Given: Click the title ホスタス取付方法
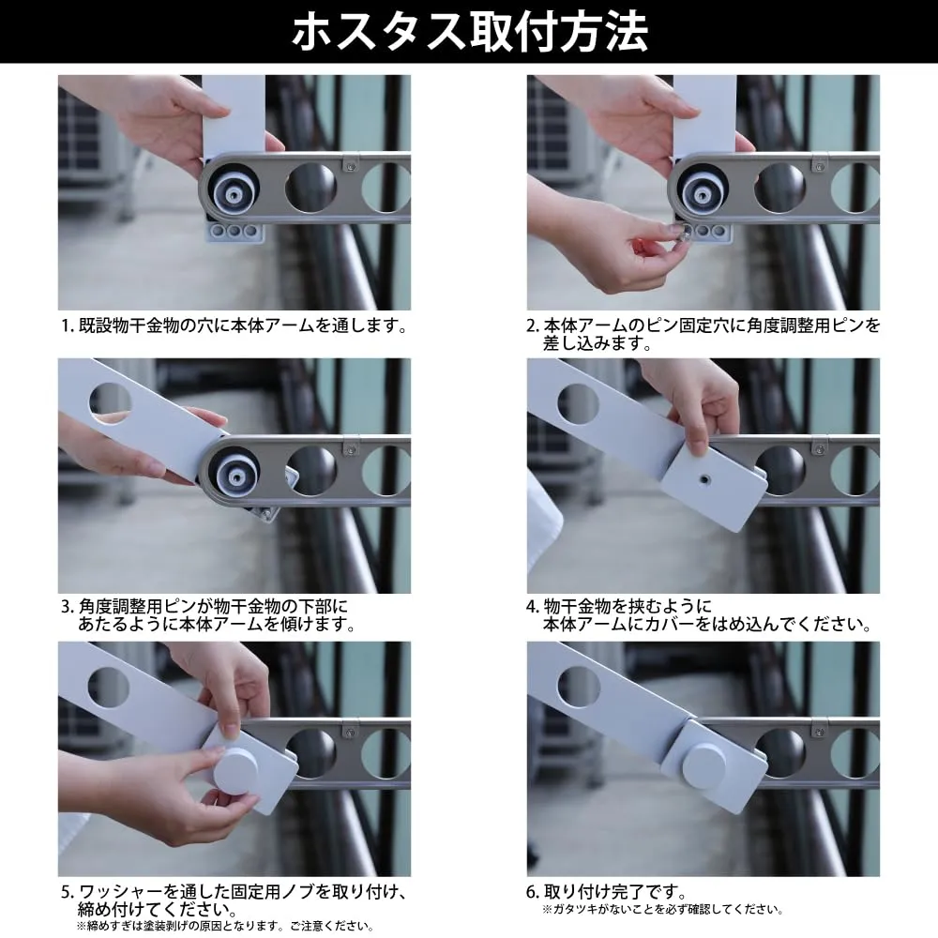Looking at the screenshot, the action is [470, 32].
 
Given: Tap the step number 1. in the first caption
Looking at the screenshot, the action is [68, 326].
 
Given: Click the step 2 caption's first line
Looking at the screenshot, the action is [703, 325].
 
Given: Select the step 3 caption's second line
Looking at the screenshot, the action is [218, 624].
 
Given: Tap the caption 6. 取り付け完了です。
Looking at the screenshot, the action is [607, 892].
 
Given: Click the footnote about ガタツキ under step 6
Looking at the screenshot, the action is [663, 910].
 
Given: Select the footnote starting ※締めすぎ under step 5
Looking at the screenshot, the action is [225, 927].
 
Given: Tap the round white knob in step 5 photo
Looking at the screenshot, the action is [235, 772].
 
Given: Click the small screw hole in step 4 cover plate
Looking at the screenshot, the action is [705, 479].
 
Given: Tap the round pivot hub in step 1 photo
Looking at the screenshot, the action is [233, 191].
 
